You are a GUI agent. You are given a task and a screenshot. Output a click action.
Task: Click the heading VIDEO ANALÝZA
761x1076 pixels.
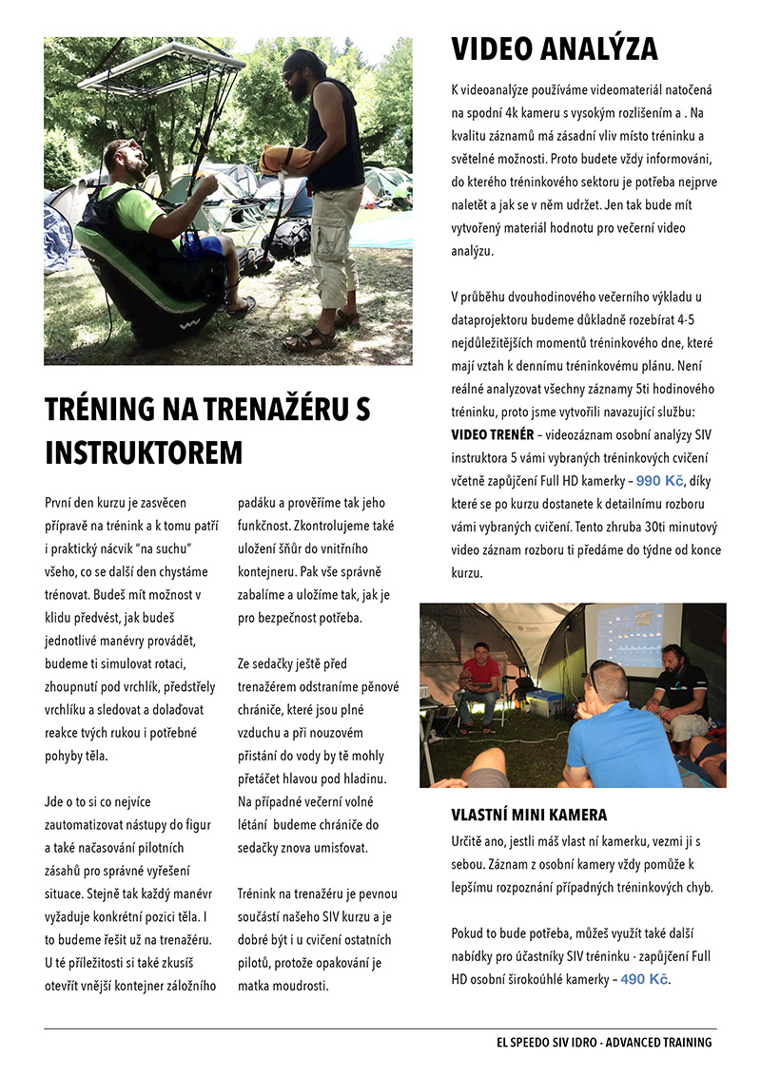pos(554,48)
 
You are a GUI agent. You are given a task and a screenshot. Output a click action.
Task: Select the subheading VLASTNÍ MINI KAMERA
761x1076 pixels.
pos(529,816)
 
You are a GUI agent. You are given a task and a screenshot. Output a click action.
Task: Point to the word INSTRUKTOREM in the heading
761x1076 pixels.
pos(144,452)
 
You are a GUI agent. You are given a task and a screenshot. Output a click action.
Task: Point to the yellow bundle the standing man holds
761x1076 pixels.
pos(285,159)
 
